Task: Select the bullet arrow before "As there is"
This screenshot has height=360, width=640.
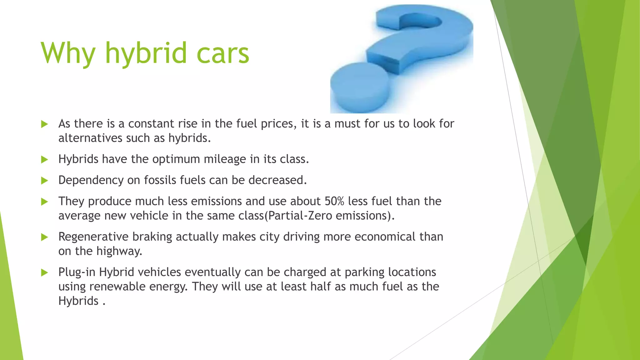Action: tap(44, 124)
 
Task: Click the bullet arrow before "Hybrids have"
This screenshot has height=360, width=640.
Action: tap(44, 160)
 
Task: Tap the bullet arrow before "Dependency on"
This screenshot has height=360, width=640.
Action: tap(44, 181)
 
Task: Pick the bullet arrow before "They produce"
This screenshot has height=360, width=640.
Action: tap(44, 202)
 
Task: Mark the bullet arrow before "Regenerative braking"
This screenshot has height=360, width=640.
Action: tap(44, 237)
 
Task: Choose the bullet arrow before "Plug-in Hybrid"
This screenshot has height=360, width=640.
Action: tap(44, 273)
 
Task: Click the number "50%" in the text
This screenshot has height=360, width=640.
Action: tap(334, 201)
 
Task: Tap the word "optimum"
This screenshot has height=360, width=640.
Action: tap(176, 159)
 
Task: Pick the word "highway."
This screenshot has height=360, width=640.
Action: tap(119, 251)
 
